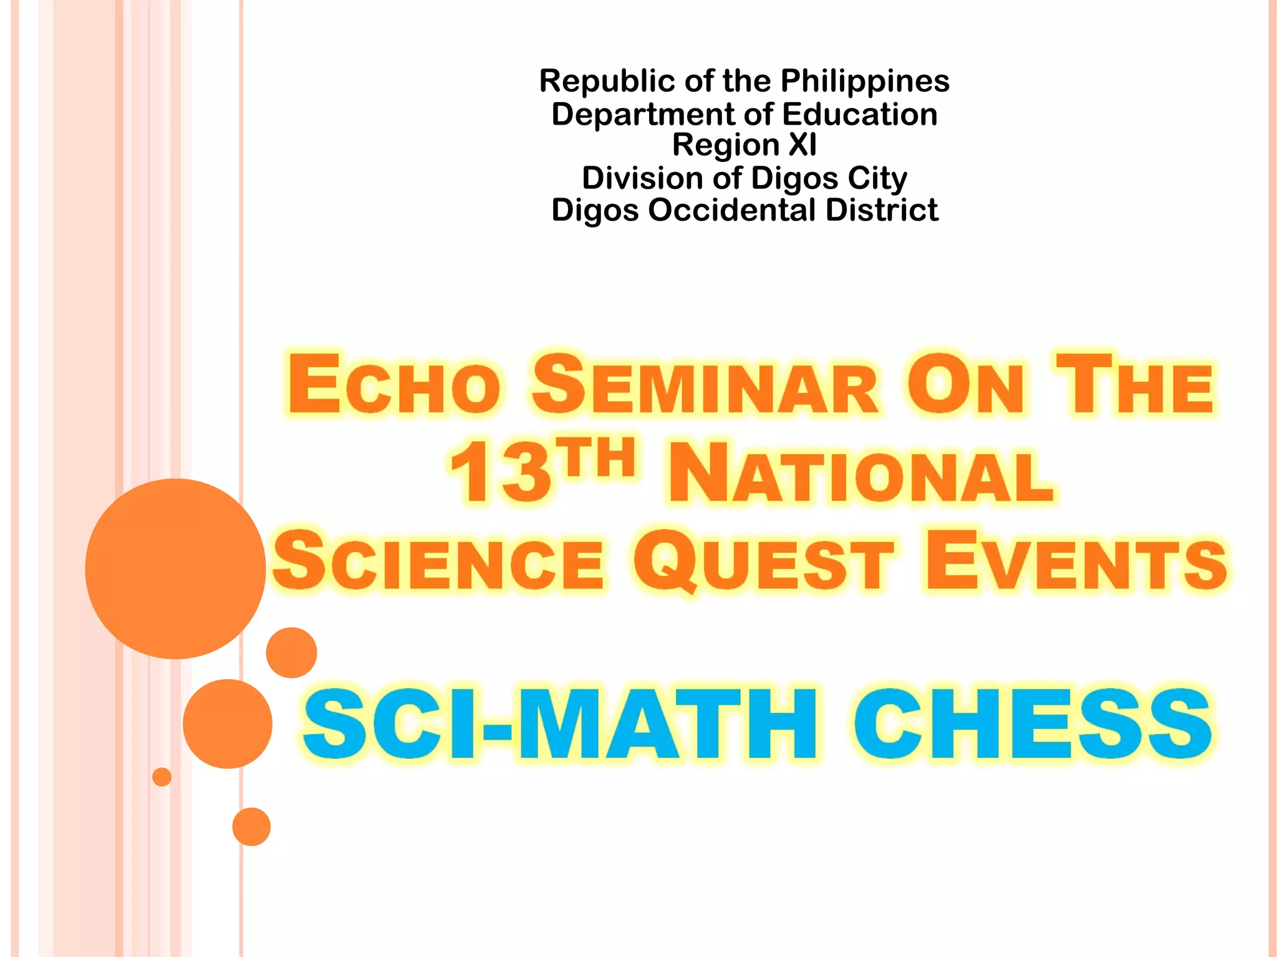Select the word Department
[x=643, y=115]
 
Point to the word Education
[x=860, y=115]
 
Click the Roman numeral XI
[x=802, y=145]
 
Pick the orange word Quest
[x=764, y=562]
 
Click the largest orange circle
[x=175, y=568]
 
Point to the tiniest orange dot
[x=162, y=777]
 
